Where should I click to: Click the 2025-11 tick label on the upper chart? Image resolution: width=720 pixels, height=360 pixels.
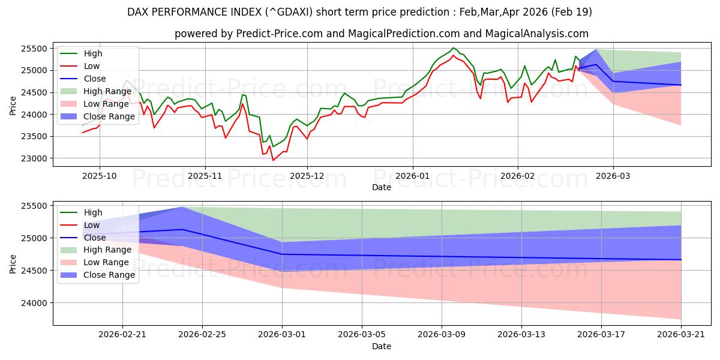[x=205, y=176]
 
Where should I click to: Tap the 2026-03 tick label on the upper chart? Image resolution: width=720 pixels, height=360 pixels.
[x=613, y=176]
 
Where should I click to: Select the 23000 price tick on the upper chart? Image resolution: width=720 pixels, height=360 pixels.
[x=34, y=158]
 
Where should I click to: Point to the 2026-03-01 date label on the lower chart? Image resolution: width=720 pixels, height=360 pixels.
[x=282, y=335]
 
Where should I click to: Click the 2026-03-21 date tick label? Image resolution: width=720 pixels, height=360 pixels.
[x=681, y=335]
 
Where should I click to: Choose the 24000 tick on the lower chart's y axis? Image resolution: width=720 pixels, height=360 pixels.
[x=34, y=303]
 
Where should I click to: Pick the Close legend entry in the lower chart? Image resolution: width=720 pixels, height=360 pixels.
[x=83, y=238]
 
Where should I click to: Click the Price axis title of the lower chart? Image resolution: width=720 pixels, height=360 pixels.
[x=13, y=264]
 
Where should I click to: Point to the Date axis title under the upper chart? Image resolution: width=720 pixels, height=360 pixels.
[x=382, y=187]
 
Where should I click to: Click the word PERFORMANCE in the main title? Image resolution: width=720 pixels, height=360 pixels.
[x=205, y=12]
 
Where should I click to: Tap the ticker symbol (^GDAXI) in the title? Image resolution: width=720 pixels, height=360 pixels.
[x=289, y=12]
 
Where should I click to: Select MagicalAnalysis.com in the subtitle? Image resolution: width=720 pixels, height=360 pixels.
[x=536, y=34]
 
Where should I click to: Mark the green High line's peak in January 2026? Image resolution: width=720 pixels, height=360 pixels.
[x=453, y=48]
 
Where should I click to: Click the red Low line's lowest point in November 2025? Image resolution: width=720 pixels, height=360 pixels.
[x=273, y=160]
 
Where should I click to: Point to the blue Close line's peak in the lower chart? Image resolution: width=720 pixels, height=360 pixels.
[x=182, y=229]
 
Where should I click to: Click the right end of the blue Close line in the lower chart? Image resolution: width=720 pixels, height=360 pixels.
[x=681, y=260]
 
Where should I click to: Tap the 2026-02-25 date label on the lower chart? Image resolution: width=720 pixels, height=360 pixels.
[x=202, y=335]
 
